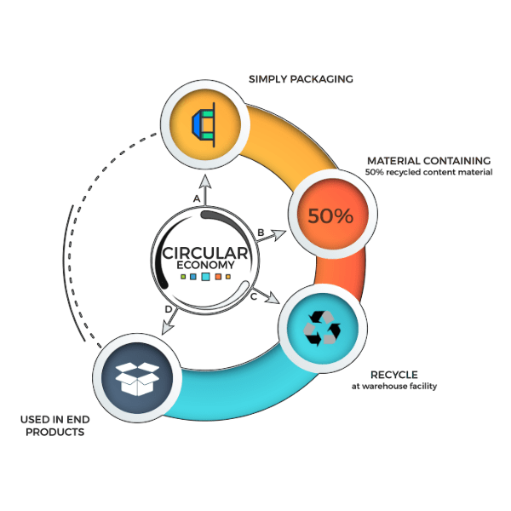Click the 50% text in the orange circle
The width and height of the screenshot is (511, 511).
pyautogui.click(x=330, y=216)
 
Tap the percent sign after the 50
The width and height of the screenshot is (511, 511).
pyautogui.click(x=342, y=216)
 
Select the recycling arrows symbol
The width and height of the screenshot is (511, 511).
pyautogui.click(x=322, y=328)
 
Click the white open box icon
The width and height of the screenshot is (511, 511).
pyautogui.click(x=136, y=378)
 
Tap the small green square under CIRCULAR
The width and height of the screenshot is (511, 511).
pyautogui.click(x=183, y=277)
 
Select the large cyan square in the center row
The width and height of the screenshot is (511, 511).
pyautogui.click(x=206, y=277)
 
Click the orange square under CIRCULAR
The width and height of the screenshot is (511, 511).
pyautogui.click(x=218, y=277)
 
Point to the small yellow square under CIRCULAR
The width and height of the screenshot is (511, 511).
pyautogui.click(x=228, y=277)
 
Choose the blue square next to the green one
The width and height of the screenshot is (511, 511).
pyautogui.click(x=193, y=277)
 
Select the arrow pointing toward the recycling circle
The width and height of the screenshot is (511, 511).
pyautogui.click(x=273, y=299)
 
